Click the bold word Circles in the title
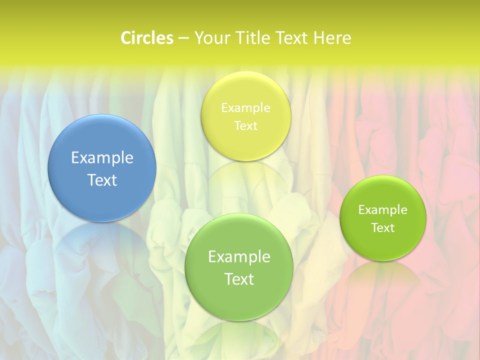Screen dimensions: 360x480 click(147, 38)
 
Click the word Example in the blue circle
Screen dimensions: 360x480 click(102, 157)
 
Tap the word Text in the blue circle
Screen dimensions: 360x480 click(102, 180)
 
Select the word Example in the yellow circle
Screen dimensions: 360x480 click(246, 107)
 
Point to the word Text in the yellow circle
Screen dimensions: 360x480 click(246, 125)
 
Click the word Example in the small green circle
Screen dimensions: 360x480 click(383, 209)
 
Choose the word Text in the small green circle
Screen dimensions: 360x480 click(383, 227)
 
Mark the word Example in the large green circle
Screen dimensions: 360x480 click(239, 256)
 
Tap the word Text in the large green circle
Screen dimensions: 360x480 click(239, 279)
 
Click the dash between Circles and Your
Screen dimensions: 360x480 click(183, 38)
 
